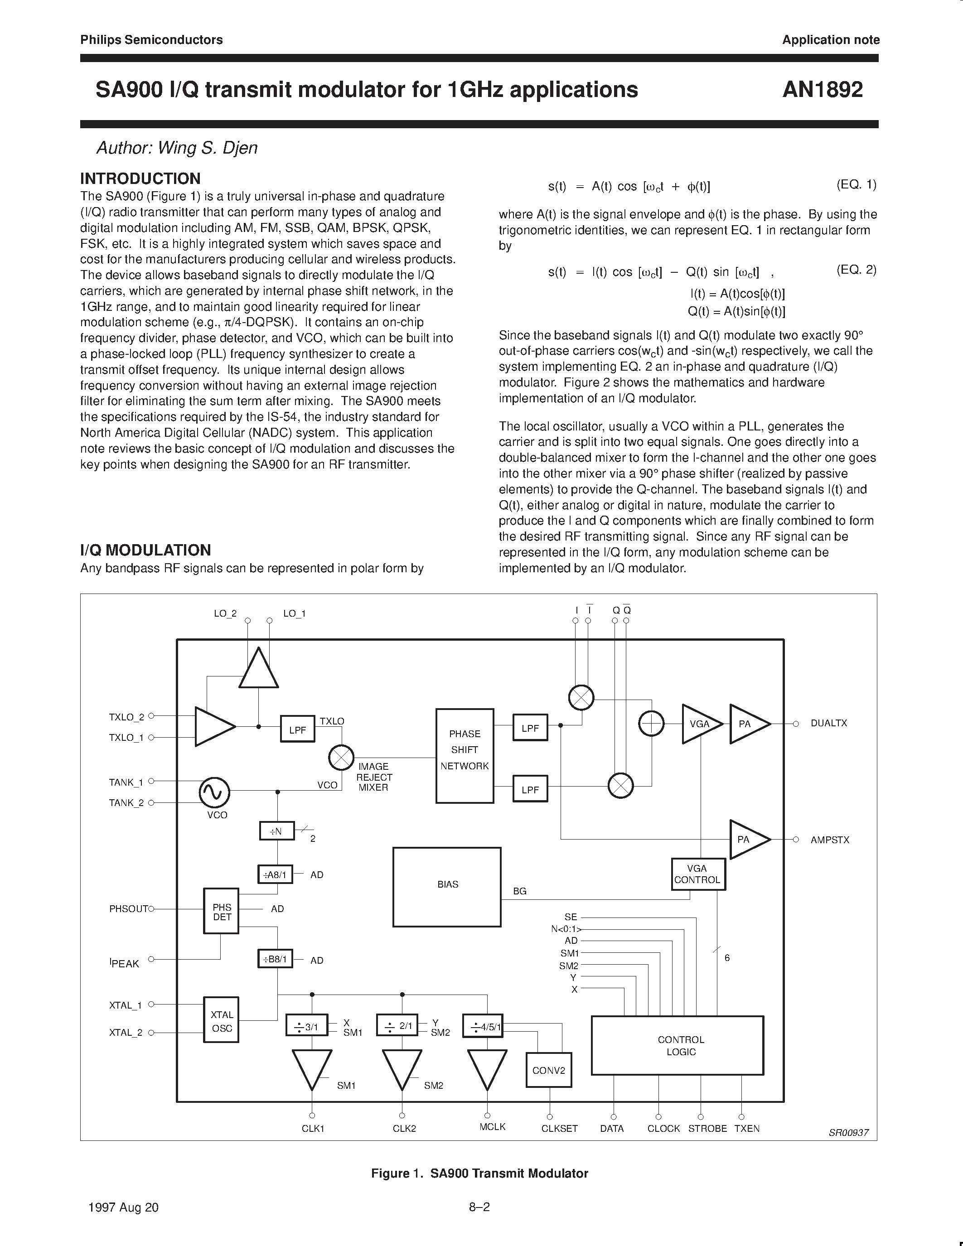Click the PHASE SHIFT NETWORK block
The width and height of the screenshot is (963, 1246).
pyautogui.click(x=465, y=755)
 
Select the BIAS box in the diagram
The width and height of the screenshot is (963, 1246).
pyautogui.click(x=447, y=887)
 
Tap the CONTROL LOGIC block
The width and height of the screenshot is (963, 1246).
pyautogui.click(x=677, y=1045)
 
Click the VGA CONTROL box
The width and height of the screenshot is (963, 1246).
pyautogui.click(x=698, y=874)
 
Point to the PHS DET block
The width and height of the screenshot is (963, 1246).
pyautogui.click(x=221, y=912)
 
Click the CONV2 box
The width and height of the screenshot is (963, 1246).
pyautogui.click(x=548, y=1070)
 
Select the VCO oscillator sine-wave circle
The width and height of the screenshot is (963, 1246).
pyautogui.click(x=214, y=792)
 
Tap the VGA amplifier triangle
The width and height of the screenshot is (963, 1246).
pyautogui.click(x=701, y=724)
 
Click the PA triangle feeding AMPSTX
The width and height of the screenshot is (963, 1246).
pyautogui.click(x=746, y=839)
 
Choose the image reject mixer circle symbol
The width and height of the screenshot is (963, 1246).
pyautogui.click(x=341, y=758)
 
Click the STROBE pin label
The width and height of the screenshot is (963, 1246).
pyautogui.click(x=707, y=1129)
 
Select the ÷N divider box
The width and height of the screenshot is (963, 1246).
pyautogui.click(x=277, y=831)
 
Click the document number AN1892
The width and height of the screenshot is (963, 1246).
pyautogui.click(x=822, y=90)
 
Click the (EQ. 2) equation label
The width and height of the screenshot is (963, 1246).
pyautogui.click(x=856, y=270)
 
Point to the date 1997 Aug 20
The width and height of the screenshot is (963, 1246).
pyautogui.click(x=124, y=1207)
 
